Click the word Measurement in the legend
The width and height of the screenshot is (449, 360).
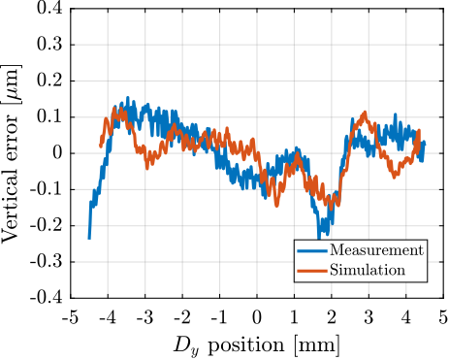click(x=376, y=250)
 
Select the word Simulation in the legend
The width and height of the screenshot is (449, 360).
click(x=368, y=270)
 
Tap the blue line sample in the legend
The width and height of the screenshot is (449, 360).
click(x=311, y=250)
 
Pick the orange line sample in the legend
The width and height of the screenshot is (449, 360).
click(x=311, y=270)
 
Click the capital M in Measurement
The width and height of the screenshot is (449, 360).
click(x=336, y=250)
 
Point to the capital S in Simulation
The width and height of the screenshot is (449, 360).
click(x=334, y=270)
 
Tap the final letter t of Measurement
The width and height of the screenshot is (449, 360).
click(x=421, y=250)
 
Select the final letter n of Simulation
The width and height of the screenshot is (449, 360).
click(x=401, y=270)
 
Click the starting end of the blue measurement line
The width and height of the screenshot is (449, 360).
click(x=89, y=238)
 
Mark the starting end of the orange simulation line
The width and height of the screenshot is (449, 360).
click(x=100, y=147)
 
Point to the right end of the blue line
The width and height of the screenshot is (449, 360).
click(x=424, y=143)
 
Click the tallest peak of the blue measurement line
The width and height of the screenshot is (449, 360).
click(x=127, y=97)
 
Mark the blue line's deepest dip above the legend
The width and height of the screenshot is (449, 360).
click(x=319, y=239)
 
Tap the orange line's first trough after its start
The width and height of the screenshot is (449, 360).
click(x=147, y=167)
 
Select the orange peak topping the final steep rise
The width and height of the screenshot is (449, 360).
click(x=365, y=112)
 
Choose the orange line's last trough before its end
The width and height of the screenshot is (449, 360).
click(x=393, y=176)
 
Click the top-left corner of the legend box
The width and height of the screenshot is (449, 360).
click(x=295, y=240)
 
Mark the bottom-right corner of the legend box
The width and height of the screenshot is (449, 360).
click(x=427, y=281)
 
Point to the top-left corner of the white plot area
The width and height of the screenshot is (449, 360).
click(x=72, y=10)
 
